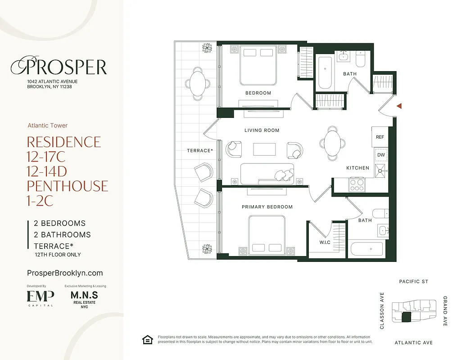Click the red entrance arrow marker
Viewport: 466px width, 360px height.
pyautogui.click(x=399, y=106)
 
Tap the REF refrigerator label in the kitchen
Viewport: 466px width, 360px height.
pyautogui.click(x=380, y=137)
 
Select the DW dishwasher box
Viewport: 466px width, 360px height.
pyautogui.click(x=381, y=155)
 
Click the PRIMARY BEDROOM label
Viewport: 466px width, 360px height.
pyautogui.click(x=267, y=207)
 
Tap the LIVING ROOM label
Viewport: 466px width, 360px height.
pyautogui.click(x=262, y=130)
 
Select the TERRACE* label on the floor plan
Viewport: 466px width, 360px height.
pyautogui.click(x=199, y=151)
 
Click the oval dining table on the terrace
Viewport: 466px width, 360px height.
pyautogui.click(x=197, y=83)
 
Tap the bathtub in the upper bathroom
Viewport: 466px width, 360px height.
pyautogui.click(x=325, y=72)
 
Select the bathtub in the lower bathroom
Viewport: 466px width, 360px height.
pyautogui.click(x=366, y=249)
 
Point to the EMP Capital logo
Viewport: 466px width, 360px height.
pyautogui.click(x=41, y=298)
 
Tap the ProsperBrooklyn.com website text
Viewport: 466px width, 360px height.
pyautogui.click(x=65, y=273)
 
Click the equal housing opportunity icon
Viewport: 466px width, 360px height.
pyautogui.click(x=147, y=340)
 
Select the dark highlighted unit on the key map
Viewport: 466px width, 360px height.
pyautogui.click(x=406, y=318)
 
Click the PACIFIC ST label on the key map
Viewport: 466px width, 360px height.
pyautogui.click(x=413, y=282)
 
